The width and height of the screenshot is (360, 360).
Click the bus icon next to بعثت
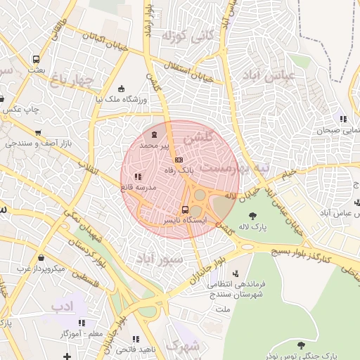(36, 60)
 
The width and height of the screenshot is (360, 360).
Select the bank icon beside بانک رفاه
(178, 160)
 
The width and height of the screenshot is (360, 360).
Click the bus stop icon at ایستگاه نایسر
(185, 210)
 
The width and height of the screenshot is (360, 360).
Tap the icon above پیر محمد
(154, 134)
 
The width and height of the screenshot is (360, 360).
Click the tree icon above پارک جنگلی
(302, 345)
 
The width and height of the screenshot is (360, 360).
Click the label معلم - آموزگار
(69, 333)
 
